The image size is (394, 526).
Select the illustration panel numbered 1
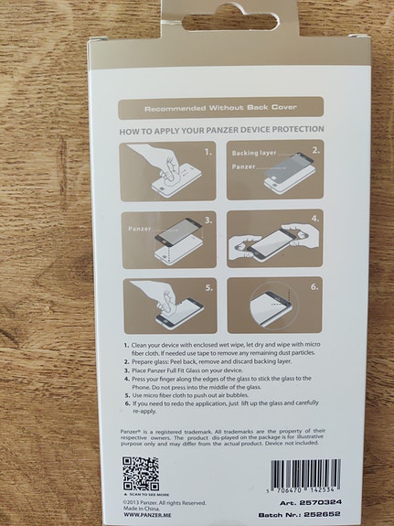[169, 171]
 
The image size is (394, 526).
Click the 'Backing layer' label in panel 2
[253, 153]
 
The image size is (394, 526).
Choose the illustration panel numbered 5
[169, 304]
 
